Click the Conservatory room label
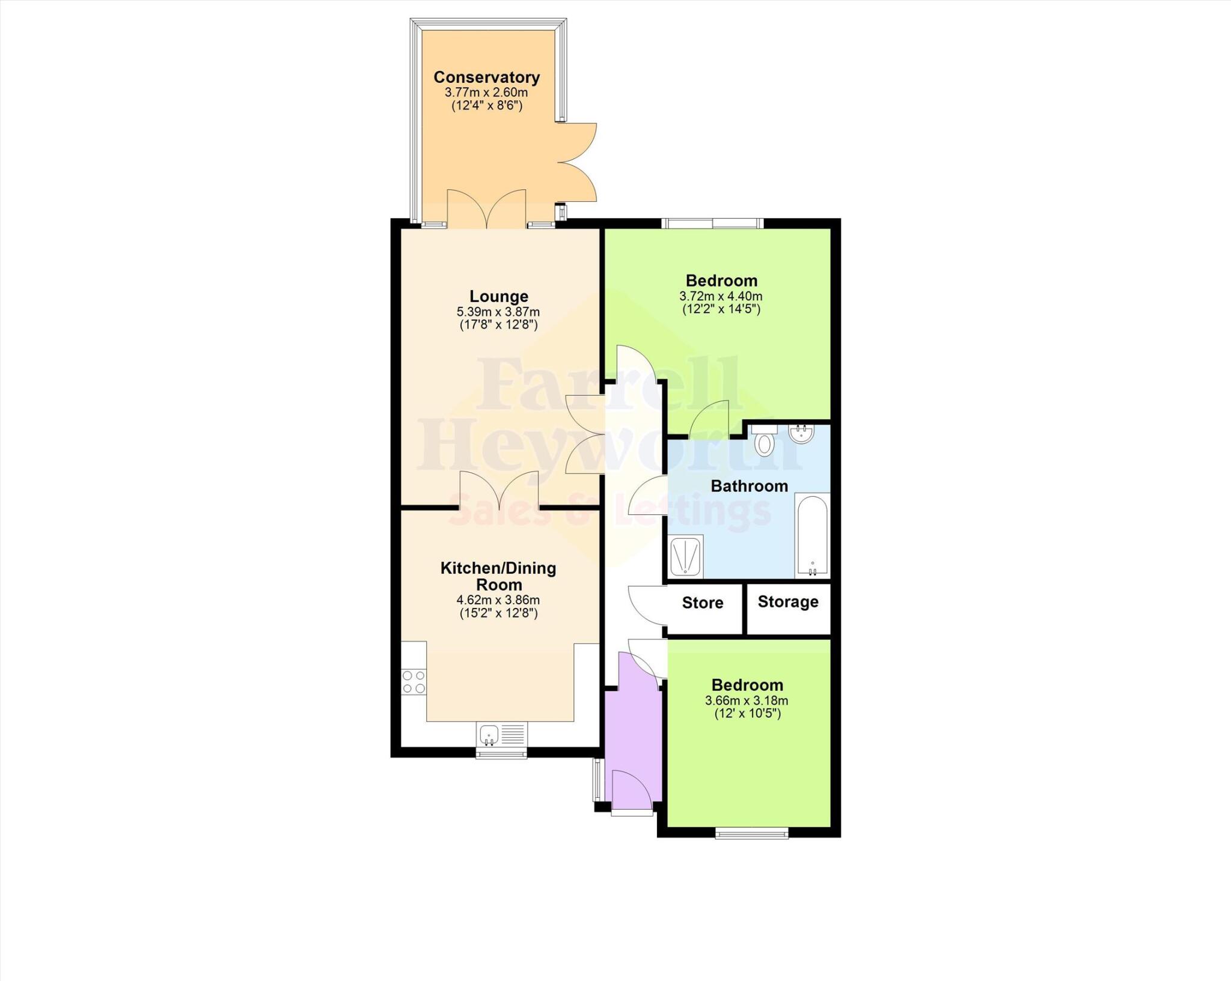click(486, 77)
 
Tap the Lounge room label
click(498, 296)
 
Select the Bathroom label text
click(749, 486)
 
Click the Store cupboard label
click(703, 603)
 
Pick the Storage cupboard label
click(787, 601)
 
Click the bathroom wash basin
click(801, 434)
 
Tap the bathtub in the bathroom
click(812, 535)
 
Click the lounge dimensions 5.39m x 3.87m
click(498, 312)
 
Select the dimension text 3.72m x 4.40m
click(721, 296)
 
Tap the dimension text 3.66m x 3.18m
click(747, 700)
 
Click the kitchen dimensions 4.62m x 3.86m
click(498, 600)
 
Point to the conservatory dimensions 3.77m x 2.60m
click(486, 93)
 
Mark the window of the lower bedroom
click(751, 833)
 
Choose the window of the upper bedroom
click(713, 223)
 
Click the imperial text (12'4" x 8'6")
click(486, 106)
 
